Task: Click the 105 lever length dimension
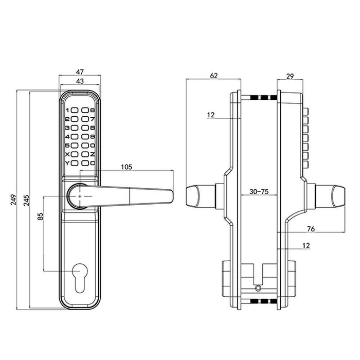click(x=126, y=166)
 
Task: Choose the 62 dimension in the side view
click(x=214, y=76)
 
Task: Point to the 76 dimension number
click(x=311, y=228)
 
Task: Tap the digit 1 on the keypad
click(x=68, y=110)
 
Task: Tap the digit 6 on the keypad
click(x=92, y=110)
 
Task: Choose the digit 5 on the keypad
click(x=68, y=146)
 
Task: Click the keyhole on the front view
click(x=80, y=272)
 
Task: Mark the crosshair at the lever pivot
click(x=80, y=196)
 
